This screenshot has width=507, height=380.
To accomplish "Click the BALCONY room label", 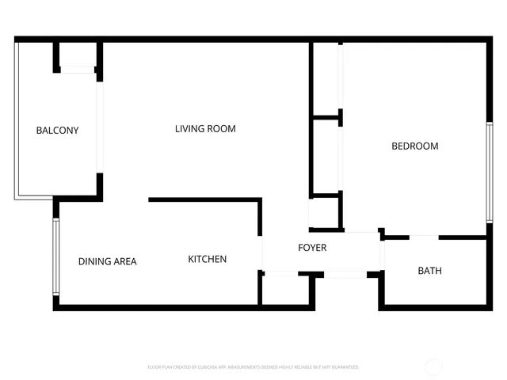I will pyautogui.click(x=57, y=131).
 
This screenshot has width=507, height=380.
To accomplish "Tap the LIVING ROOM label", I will pyautogui.click(x=205, y=129).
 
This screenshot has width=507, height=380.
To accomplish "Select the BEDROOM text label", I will pyautogui.click(x=415, y=146).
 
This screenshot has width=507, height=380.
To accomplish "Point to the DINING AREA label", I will pyautogui.click(x=108, y=261).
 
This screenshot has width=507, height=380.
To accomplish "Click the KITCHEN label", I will pyautogui.click(x=208, y=259).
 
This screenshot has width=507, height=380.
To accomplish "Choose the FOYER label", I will pyautogui.click(x=312, y=248).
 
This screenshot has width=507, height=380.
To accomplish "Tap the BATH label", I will pyautogui.click(x=430, y=271).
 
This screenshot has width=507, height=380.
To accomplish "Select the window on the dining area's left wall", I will pyautogui.click(x=55, y=257).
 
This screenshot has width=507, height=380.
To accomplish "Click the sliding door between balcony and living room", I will pyautogui.click(x=100, y=127).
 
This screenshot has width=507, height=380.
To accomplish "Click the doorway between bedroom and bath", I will pyautogui.click(x=424, y=236).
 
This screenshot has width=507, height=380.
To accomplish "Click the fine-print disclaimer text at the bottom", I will pyautogui.click(x=253, y=367).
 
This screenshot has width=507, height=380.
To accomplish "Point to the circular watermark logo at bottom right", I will pyautogui.click(x=434, y=367).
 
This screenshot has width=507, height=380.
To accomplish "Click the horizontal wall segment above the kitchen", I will pyautogui.click(x=204, y=199).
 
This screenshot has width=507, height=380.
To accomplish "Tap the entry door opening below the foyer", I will pyautogui.click(x=345, y=275).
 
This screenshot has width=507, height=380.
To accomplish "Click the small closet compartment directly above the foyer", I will pyautogui.click(x=325, y=212).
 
